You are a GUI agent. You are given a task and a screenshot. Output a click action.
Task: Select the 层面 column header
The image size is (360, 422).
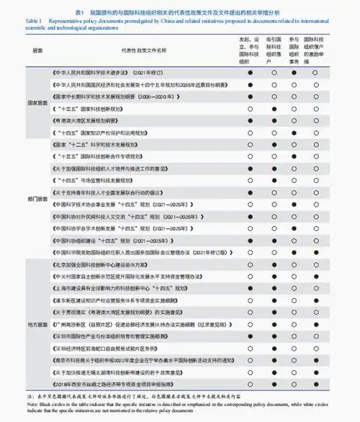[x=37, y=51]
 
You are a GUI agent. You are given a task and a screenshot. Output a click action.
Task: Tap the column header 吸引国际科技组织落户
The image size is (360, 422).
[x=274, y=48]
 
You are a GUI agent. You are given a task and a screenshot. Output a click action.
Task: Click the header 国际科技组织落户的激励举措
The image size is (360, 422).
[x=316, y=48]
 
